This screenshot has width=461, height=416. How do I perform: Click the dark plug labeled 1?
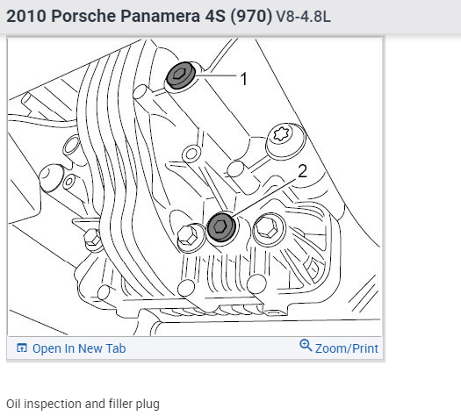coord(181,75)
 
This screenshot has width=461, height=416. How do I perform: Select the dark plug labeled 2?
coord(221,227)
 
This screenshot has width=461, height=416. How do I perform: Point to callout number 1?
coord(244,79)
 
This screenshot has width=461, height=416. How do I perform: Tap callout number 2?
coord(303,171)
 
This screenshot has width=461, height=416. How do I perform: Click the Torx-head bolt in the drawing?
coord(285,141)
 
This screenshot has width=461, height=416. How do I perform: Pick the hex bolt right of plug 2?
coord(269,228)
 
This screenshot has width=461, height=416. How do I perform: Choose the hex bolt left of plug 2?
coord(190,237)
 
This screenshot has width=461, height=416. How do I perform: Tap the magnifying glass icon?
coord(306,346)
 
